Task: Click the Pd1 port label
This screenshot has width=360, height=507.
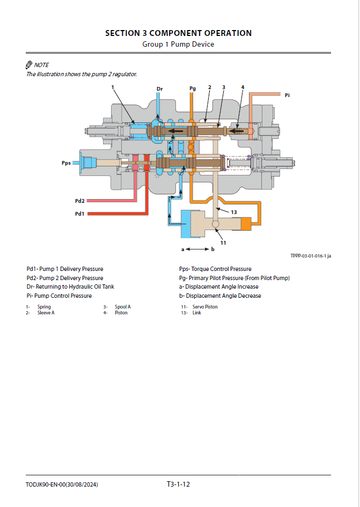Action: point(79,214)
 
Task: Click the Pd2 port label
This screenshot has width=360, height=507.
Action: point(79,201)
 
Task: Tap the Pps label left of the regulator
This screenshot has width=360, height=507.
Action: point(66,161)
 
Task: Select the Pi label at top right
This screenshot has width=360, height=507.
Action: point(287,95)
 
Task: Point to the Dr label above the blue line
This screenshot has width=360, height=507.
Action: point(159,89)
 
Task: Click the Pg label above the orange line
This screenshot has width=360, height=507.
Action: point(193,88)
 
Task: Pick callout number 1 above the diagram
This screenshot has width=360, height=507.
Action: point(113,86)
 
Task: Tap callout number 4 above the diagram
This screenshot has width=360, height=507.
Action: point(243,86)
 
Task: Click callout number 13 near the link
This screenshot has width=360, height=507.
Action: point(234,212)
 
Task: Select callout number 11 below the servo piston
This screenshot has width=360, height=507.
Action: point(223,243)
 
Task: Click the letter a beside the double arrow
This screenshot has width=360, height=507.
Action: point(182,249)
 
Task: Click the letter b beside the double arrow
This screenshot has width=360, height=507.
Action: point(213,249)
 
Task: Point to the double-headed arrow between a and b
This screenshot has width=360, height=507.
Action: point(198,249)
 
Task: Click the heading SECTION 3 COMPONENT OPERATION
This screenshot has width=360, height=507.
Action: point(178,33)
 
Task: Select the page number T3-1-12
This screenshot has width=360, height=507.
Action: point(178,484)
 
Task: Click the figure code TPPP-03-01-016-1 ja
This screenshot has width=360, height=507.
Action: point(311,256)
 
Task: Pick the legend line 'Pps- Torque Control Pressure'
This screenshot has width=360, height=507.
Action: point(215,269)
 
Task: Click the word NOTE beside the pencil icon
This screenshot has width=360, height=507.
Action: point(41,65)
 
